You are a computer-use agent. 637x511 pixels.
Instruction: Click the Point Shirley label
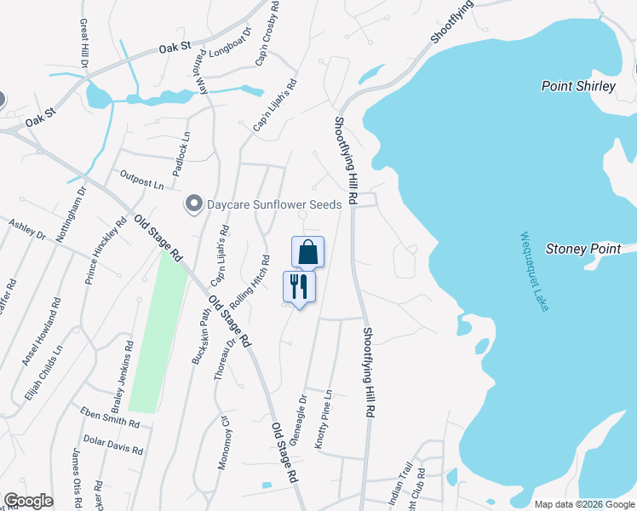pos(578,86)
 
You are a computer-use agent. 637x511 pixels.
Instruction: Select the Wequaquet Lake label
pos(533,272)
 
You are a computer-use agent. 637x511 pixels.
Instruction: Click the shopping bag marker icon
pos(307,252)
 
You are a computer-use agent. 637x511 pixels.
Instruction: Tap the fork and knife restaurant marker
pos(299,285)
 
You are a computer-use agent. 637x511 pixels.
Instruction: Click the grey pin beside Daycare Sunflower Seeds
pos(194,204)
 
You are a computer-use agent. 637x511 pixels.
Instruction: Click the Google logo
pos(28,501)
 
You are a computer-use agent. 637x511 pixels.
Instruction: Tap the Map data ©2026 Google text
pos(585,504)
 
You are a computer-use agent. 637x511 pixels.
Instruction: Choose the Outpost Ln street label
pos(141,181)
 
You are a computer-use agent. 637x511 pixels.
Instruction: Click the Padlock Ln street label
pos(182,153)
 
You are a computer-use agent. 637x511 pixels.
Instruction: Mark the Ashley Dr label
pos(26,231)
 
